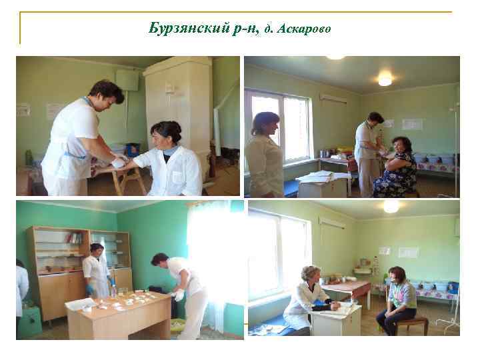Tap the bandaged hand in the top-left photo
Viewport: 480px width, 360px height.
tap(119, 161)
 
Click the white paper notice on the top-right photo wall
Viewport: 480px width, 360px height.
tap(412, 123)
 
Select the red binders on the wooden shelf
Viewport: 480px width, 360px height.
tap(75, 238)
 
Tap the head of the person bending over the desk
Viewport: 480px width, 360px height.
tap(160, 260)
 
